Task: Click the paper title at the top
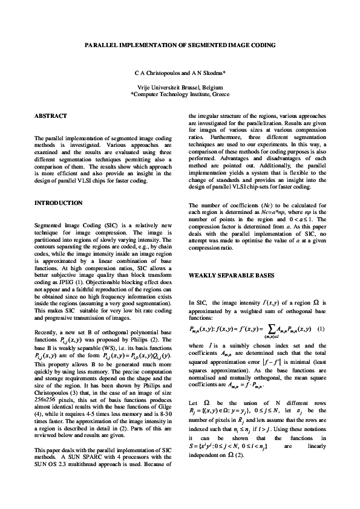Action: [x=180, y=45]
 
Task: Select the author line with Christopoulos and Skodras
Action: [x=180, y=73]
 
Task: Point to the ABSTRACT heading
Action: [x=51, y=116]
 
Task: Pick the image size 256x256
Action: [x=45, y=401]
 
